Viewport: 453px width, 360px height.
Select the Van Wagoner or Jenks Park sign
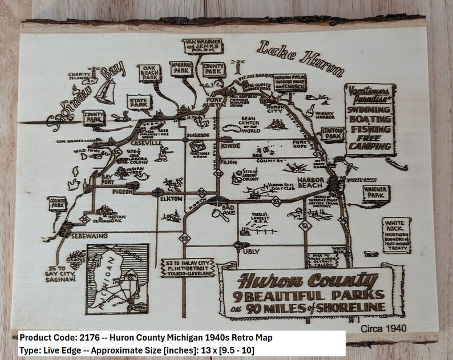tap(203, 46)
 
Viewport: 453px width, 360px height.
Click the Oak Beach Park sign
tap(149, 73)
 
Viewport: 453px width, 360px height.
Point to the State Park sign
tap(139, 102)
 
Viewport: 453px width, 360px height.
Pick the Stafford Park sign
tap(331, 134)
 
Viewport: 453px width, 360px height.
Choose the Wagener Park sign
tap(375, 193)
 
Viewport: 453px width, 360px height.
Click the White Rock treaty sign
tap(396, 233)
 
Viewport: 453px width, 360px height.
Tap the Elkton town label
tap(171, 199)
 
